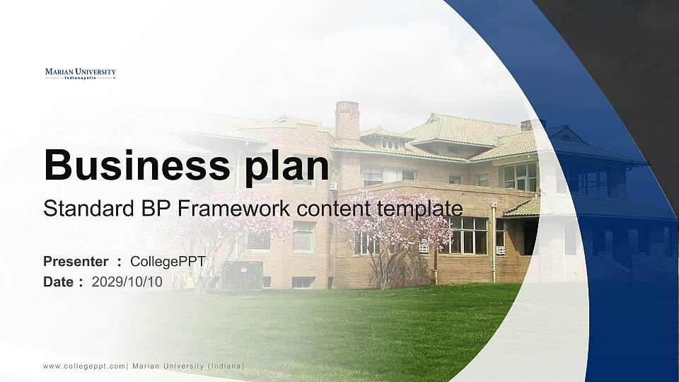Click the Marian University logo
(80, 74)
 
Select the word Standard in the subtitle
(79, 209)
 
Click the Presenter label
(75, 262)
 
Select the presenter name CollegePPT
(168, 262)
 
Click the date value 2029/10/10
(127, 282)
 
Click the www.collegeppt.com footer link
(84, 366)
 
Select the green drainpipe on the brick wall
(493, 244)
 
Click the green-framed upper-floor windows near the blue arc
(519, 176)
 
